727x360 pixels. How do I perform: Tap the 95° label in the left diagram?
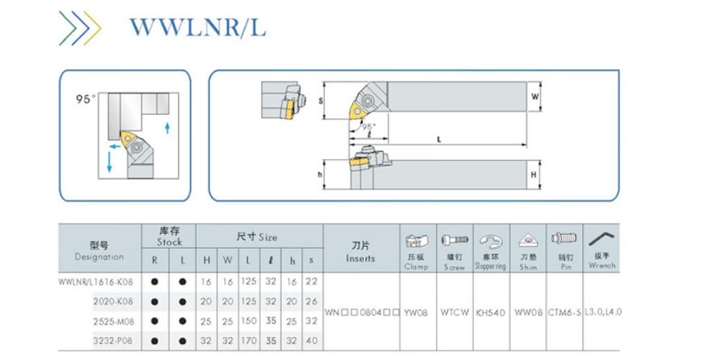86,99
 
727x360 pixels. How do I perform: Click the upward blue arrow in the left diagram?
168,128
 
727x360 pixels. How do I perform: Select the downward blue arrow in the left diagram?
109,162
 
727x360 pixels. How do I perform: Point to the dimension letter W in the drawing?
535,96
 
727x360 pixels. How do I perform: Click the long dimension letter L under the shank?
439,139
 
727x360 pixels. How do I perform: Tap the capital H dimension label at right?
535,174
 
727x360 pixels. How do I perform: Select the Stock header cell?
169,237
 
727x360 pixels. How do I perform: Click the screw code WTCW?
454,312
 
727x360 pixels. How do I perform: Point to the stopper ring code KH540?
491,312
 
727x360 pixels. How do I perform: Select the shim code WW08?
528,312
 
